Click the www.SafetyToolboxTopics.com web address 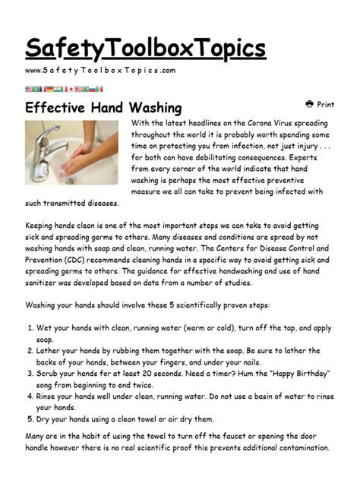click(x=100, y=71)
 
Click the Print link click(x=325, y=105)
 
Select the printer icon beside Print click(x=310, y=104)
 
